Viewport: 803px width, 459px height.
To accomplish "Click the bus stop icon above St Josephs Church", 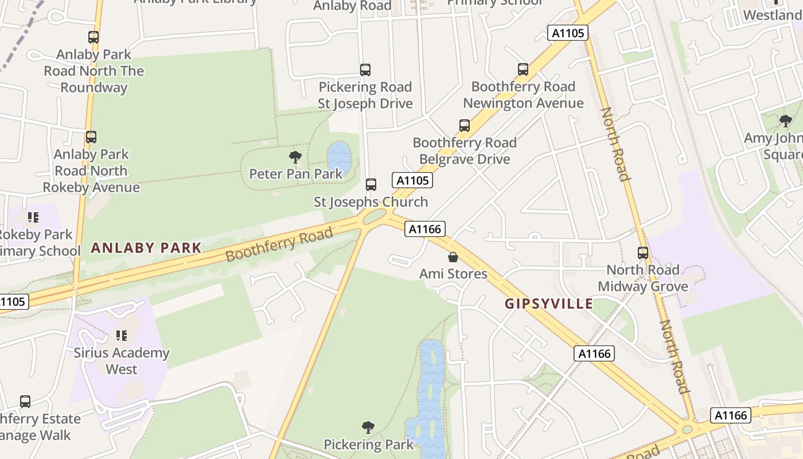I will [371, 185].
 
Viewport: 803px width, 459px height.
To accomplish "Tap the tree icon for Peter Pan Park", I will [295, 157].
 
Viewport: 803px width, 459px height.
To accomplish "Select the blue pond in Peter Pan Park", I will [339, 158].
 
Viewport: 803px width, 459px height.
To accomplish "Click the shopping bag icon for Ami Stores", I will [453, 256].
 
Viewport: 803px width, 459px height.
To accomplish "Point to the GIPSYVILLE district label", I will [549, 304].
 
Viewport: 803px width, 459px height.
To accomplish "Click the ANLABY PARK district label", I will [146, 248].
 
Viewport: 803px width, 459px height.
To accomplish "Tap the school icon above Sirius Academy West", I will [121, 336].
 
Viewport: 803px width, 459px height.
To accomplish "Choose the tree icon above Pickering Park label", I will [368, 427].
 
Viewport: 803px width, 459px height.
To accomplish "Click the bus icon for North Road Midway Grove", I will [643, 253].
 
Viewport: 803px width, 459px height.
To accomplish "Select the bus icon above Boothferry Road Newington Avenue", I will [523, 69].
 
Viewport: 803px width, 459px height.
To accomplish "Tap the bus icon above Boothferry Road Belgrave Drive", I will [465, 126].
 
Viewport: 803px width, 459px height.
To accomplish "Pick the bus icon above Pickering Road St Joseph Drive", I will [365, 70].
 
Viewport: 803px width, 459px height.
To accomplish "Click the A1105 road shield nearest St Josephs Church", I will [412, 180].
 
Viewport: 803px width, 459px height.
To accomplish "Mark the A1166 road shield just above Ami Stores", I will [425, 229].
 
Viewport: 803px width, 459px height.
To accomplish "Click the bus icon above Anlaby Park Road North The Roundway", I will [93, 37].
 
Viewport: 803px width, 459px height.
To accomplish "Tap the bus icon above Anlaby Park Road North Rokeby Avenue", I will [91, 137].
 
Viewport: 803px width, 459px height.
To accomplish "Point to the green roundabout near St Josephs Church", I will [375, 216].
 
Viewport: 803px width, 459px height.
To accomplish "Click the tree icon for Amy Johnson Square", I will [785, 121].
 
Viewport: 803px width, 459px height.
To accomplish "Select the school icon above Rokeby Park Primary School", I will [33, 217].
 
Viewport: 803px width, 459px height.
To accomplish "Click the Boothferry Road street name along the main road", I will [279, 244].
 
